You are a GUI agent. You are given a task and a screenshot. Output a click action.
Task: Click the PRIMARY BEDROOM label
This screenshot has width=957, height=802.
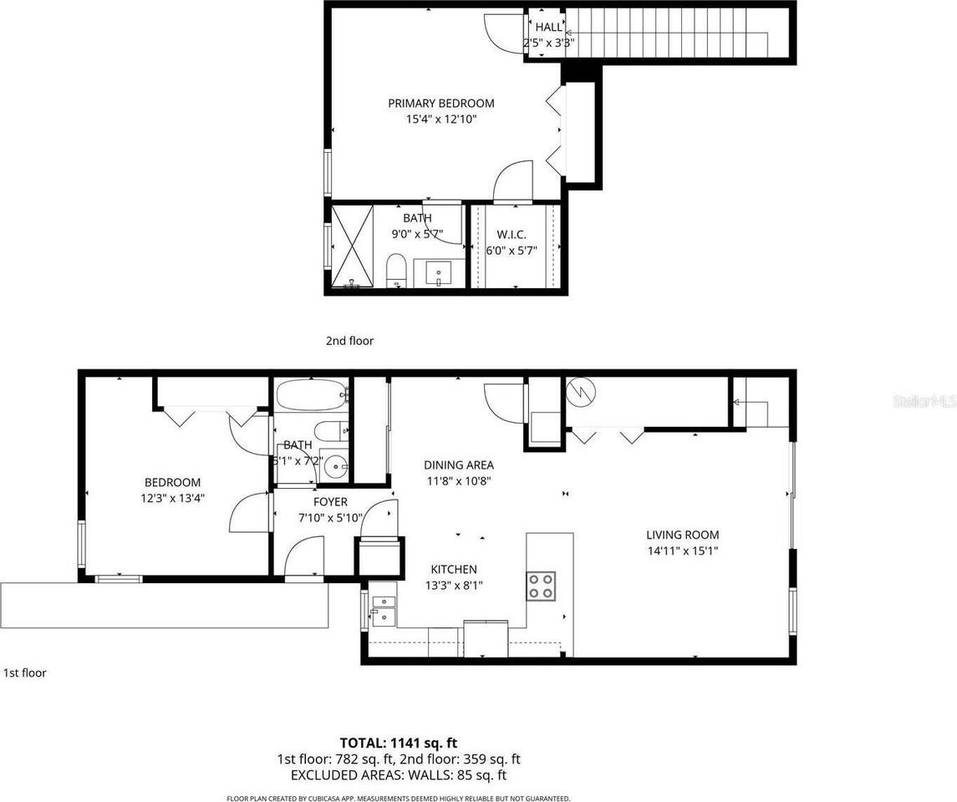click(440, 104)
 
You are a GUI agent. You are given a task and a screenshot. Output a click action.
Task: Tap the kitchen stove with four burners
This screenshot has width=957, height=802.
click(540, 585)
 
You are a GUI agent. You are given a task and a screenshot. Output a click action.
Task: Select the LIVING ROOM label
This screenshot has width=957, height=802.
click(682, 535)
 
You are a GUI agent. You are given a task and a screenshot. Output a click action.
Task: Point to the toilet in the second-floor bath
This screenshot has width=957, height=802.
click(395, 271)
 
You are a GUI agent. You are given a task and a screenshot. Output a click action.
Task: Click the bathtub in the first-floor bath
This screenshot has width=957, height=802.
click(310, 394)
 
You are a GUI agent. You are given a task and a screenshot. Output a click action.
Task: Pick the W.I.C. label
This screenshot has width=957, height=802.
click(511, 235)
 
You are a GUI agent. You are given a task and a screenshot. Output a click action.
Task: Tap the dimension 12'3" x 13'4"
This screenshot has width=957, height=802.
click(173, 498)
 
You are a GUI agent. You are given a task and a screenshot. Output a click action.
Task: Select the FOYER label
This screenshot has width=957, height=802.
click(330, 502)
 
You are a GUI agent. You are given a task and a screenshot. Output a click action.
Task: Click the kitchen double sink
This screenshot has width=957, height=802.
click(384, 610)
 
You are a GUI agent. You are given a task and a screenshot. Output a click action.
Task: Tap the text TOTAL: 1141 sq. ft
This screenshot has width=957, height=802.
click(398, 743)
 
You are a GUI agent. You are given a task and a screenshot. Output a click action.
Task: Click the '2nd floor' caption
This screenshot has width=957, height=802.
click(349, 341)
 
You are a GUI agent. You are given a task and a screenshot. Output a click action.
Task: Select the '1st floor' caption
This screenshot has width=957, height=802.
click(25, 673)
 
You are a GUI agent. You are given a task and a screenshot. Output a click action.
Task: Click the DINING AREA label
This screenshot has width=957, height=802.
click(458, 465)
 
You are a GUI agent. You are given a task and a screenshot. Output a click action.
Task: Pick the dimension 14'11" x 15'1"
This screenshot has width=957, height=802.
click(682, 551)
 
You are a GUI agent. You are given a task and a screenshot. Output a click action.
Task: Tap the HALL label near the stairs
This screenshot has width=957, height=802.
click(549, 28)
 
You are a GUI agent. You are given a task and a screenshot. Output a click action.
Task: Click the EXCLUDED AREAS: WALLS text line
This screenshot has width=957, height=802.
click(398, 775)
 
